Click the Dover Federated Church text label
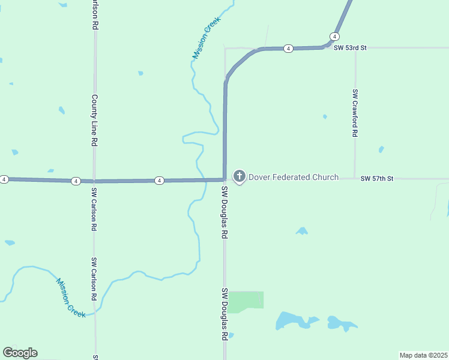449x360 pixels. pyautogui.click(x=294, y=177)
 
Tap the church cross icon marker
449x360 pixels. pyautogui.click(x=239, y=176)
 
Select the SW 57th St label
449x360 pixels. pyautogui.click(x=377, y=178)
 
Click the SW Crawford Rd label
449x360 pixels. pyautogui.click(x=355, y=113)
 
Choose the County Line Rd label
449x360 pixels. pyautogui.click(x=94, y=120)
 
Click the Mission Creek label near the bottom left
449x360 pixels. pyautogui.click(x=71, y=297)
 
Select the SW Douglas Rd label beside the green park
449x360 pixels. pyautogui.click(x=224, y=314)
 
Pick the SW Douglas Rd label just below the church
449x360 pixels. pyautogui.click(x=224, y=212)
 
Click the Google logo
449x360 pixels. pyautogui.click(x=20, y=353)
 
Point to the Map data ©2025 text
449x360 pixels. pyautogui.click(x=424, y=355)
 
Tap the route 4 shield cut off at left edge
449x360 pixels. pyautogui.click(x=4, y=179)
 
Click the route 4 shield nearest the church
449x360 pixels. pyautogui.click(x=158, y=180)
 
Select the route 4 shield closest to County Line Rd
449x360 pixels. pyautogui.click(x=76, y=181)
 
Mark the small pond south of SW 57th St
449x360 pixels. pyautogui.click(x=302, y=231)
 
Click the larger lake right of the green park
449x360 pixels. pyautogui.click(x=294, y=320)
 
